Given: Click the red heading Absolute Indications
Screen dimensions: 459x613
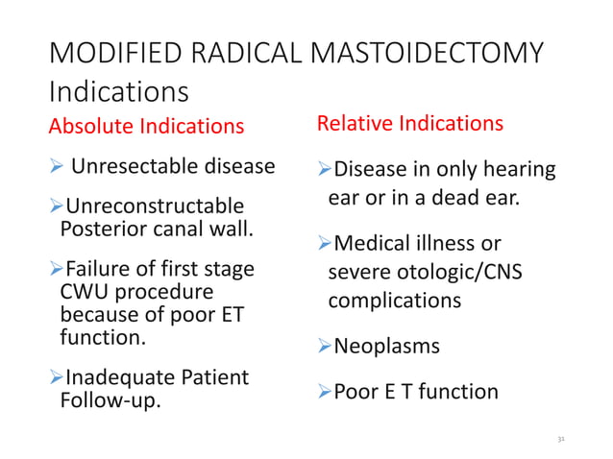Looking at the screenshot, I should [x=146, y=126].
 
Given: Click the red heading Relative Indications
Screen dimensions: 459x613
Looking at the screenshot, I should [x=410, y=124].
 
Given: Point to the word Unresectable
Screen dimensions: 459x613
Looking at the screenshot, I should [x=134, y=169].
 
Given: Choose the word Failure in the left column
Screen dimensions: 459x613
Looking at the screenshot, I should [x=95, y=270].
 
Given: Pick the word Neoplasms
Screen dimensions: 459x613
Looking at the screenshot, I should [x=386, y=346].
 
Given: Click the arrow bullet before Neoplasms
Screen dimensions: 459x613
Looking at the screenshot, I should [x=324, y=346].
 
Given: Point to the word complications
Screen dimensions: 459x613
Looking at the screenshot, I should [x=394, y=300].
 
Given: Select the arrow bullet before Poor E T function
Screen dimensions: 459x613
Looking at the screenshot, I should [x=324, y=392].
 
